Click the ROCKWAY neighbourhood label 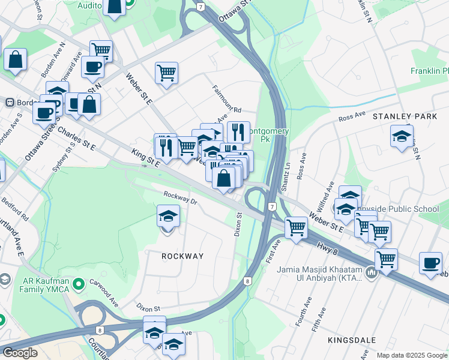(x=182, y=256)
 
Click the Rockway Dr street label (x=180, y=197)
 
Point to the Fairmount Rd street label (x=226, y=100)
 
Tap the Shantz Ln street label (x=286, y=175)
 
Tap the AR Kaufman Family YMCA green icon (x=77, y=282)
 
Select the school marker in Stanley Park (x=402, y=137)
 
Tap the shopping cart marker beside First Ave (x=296, y=228)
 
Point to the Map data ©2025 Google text (x=412, y=355)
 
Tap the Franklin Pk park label (x=429, y=71)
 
